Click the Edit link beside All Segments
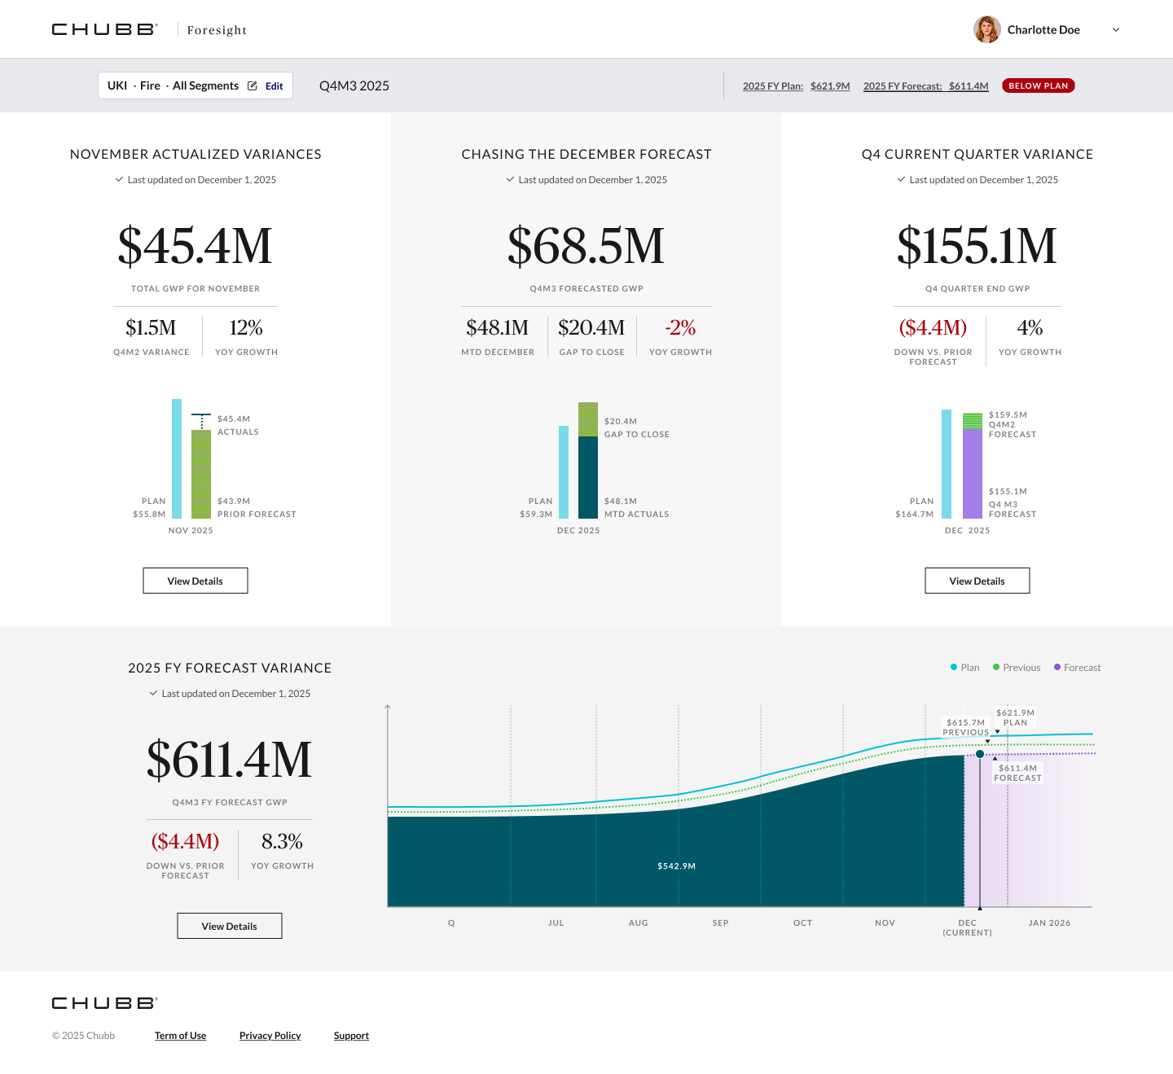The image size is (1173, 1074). click(x=274, y=86)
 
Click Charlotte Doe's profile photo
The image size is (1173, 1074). click(x=986, y=29)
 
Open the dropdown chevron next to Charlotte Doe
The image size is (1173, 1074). click(x=1115, y=30)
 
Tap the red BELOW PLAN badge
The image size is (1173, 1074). click(x=1038, y=86)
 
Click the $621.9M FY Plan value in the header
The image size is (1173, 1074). click(x=830, y=86)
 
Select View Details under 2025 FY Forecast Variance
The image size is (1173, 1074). click(x=229, y=926)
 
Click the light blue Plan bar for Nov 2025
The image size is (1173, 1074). click(x=177, y=458)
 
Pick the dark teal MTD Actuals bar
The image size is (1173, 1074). click(x=587, y=477)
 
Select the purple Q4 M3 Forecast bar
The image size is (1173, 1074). click(x=972, y=474)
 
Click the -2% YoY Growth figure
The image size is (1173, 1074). click(x=680, y=327)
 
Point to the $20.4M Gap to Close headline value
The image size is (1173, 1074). click(x=591, y=327)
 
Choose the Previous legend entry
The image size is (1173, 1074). click(x=1017, y=667)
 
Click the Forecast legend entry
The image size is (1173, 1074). click(x=1077, y=667)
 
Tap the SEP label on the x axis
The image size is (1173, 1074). click(x=720, y=923)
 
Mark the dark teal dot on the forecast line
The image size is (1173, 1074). click(x=980, y=754)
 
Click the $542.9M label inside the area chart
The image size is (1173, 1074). click(x=677, y=866)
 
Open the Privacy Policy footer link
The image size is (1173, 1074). click(x=270, y=1036)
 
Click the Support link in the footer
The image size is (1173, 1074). click(x=351, y=1036)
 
